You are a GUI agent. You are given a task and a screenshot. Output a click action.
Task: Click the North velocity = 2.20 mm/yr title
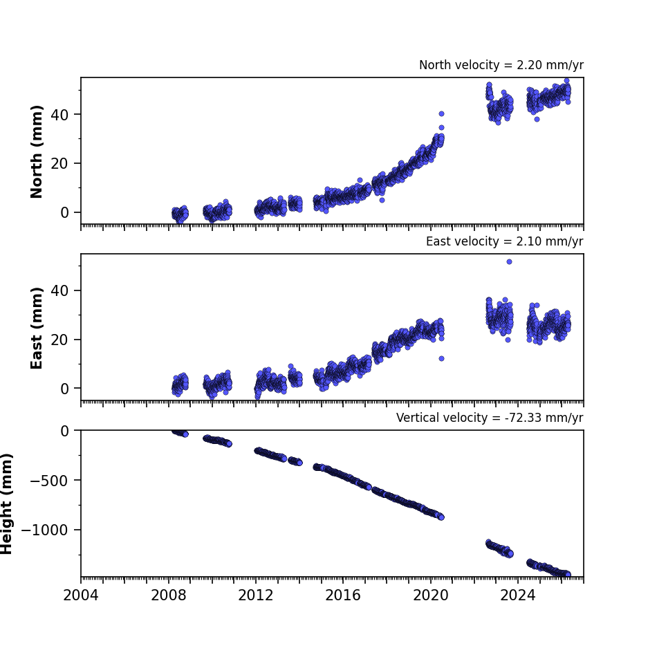point(501,65)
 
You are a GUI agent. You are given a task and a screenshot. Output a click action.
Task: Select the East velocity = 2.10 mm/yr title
point(505,241)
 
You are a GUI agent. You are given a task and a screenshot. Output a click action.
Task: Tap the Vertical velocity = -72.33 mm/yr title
point(490,418)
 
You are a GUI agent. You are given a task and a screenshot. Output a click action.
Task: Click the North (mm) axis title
point(37,151)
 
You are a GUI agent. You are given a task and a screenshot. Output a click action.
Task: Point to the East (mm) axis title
point(37,328)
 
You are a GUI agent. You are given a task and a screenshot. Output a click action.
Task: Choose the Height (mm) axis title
point(6,503)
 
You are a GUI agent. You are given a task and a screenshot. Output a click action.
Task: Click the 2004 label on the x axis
point(81,595)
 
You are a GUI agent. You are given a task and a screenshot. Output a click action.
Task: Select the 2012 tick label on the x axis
point(256,595)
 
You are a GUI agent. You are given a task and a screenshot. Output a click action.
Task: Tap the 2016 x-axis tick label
point(343,595)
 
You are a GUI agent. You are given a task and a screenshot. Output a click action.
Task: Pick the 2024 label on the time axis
point(518,595)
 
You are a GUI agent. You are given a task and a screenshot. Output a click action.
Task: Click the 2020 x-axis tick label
point(431,595)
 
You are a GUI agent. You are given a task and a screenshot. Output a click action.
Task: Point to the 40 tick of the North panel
point(59,115)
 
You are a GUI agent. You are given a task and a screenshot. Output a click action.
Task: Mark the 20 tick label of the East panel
point(59,340)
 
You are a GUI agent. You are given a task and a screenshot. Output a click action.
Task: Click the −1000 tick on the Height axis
point(45,530)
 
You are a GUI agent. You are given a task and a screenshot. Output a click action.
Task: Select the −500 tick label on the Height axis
point(49,481)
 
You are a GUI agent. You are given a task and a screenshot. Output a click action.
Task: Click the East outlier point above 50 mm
point(509,261)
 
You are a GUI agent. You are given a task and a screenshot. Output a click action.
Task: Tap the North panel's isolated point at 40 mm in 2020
point(441,113)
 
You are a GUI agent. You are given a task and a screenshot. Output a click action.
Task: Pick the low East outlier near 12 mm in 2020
point(441,359)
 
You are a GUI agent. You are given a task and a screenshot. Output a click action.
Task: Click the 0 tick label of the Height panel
point(64,431)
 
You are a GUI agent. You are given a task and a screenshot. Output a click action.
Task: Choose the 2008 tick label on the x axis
point(168,595)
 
